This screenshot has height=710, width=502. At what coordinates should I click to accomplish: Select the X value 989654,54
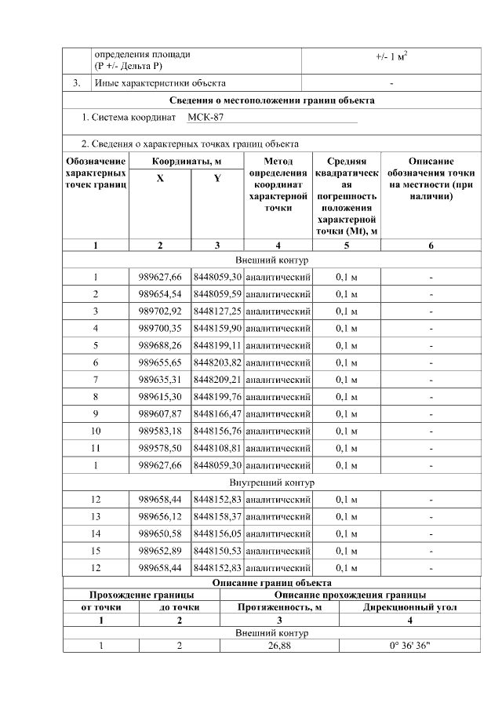[x=160, y=294]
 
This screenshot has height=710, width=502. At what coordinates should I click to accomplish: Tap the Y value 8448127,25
[x=217, y=311]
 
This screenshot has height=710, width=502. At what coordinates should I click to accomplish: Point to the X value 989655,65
[x=160, y=362]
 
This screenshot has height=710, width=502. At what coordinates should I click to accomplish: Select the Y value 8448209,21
[x=217, y=380]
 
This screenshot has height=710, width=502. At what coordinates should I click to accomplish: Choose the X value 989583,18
[x=160, y=431]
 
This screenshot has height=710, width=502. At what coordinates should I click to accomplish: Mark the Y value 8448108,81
[x=217, y=448]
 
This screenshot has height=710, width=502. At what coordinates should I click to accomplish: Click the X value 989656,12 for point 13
[x=160, y=516]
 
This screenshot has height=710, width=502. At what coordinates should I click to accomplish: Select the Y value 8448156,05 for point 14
[x=217, y=533]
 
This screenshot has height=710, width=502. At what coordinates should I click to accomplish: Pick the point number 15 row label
[x=96, y=551]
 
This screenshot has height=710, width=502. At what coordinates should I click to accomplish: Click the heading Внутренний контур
[x=272, y=482]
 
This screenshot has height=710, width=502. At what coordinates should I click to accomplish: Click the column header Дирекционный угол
[x=410, y=606]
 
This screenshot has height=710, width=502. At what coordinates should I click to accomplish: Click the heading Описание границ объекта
[x=272, y=583]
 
